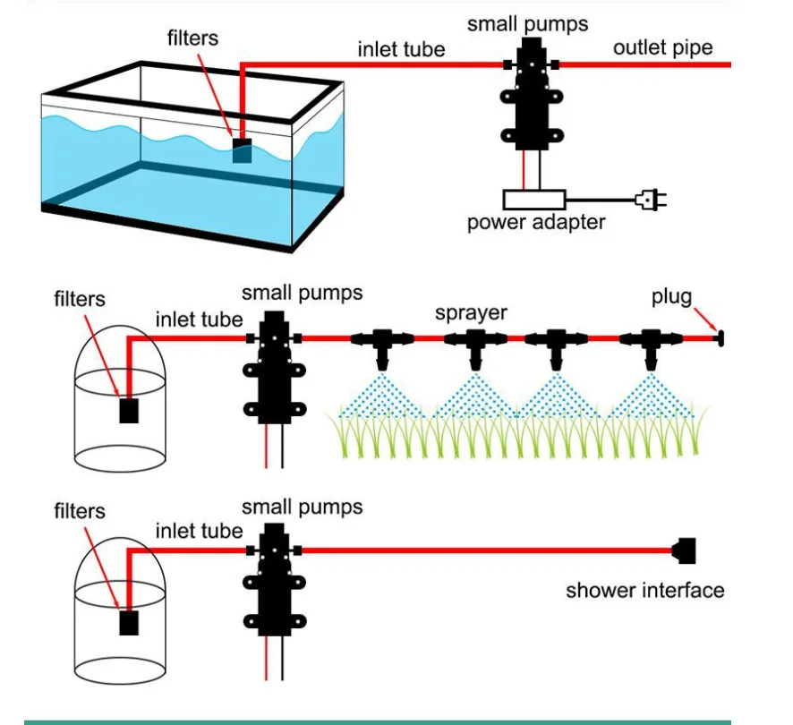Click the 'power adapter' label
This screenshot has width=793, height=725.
point(535,222)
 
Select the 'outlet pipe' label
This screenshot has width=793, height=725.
point(662,47)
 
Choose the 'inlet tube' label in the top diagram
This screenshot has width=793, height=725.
point(401,48)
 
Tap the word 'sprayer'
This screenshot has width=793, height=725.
point(471,313)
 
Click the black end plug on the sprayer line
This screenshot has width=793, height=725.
point(718,338)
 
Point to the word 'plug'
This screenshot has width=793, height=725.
point(671,297)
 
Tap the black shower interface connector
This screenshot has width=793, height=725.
point(686,550)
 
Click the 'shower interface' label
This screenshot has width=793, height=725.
point(644,591)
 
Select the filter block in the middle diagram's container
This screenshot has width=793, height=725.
point(130,411)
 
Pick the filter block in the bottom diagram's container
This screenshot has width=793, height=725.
point(130,623)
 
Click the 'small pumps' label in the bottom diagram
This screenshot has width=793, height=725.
point(302,507)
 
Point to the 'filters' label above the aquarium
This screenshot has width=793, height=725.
point(192,38)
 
